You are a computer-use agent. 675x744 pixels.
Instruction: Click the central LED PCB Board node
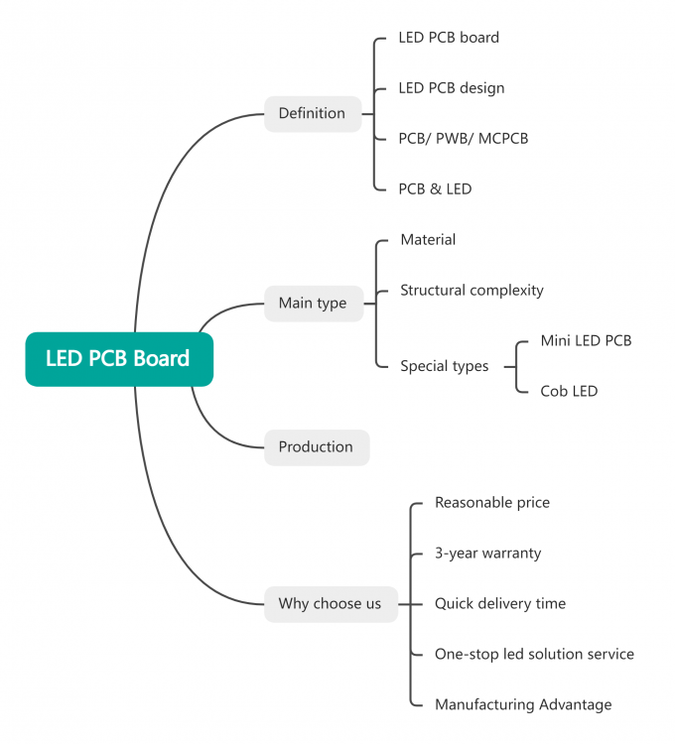(x=119, y=358)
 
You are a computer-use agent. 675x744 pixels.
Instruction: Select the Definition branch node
(x=312, y=113)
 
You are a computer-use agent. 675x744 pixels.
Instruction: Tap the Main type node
(x=313, y=303)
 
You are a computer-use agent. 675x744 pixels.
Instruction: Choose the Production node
(x=316, y=446)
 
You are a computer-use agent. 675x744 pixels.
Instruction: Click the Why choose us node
(x=330, y=603)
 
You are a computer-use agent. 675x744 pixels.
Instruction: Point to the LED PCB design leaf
(x=451, y=88)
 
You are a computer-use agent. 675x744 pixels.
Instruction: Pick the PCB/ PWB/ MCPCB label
(x=463, y=138)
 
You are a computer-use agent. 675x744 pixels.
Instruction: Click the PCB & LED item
(x=435, y=188)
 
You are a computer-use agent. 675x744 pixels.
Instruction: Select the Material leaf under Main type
(x=428, y=240)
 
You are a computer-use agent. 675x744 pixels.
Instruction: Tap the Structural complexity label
(x=472, y=291)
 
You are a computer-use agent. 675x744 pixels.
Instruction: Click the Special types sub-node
(x=444, y=366)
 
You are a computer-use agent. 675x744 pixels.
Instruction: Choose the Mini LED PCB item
(x=586, y=340)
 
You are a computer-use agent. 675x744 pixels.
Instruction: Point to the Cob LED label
(x=569, y=391)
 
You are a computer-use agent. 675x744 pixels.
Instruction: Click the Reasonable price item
(x=491, y=503)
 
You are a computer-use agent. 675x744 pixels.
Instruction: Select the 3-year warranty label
(x=487, y=553)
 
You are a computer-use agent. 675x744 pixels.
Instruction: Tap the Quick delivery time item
(x=499, y=603)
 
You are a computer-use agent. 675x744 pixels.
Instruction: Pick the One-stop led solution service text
(x=534, y=654)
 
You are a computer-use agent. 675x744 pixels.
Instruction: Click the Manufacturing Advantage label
(x=523, y=704)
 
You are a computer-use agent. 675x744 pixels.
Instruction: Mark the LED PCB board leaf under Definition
(x=449, y=38)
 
